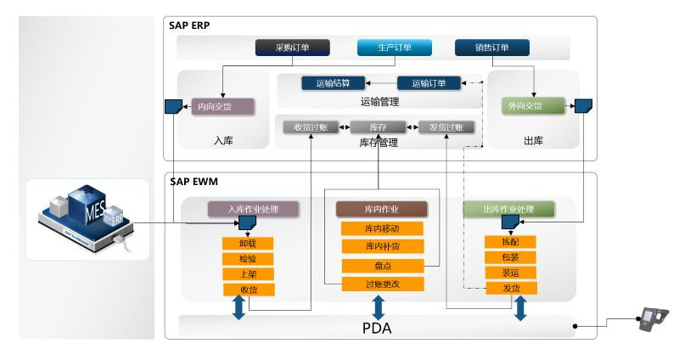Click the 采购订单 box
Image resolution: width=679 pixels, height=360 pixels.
(292, 48)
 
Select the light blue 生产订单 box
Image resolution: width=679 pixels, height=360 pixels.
(395, 48)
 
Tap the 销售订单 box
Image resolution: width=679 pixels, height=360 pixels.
(492, 48)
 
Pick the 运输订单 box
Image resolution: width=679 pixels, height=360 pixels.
(429, 83)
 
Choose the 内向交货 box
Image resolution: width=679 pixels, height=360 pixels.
(222, 107)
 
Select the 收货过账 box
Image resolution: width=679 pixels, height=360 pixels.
(311, 127)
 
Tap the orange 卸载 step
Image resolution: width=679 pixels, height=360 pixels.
(247, 243)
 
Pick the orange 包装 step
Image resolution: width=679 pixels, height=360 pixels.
(509, 257)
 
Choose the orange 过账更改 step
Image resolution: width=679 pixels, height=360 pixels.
(382, 284)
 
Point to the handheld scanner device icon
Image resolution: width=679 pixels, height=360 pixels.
(653, 320)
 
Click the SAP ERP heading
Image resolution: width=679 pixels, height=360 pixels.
(190, 25)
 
